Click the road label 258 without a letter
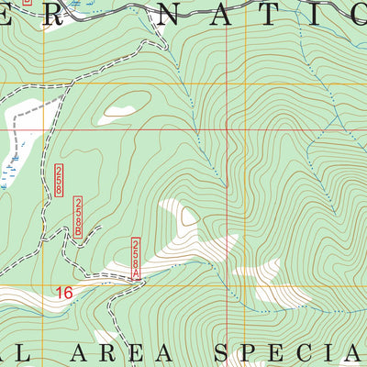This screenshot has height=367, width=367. [x=59, y=179]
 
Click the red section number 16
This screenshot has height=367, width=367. [x=62, y=294]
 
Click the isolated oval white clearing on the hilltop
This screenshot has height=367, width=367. [x=120, y=109]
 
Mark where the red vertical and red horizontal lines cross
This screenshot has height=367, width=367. [x=227, y=128]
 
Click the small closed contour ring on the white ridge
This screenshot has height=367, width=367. [x=189, y=217]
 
